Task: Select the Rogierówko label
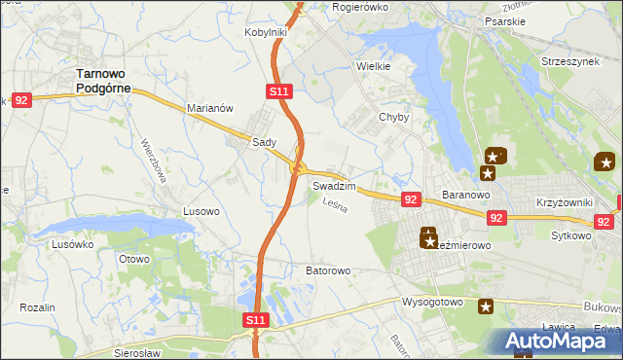click(360, 7)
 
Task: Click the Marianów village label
click(209, 109)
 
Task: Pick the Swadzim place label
click(334, 185)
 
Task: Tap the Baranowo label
click(464, 195)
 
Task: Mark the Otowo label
click(133, 259)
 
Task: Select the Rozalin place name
click(36, 307)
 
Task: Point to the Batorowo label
click(327, 270)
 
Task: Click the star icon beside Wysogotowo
click(485, 306)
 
